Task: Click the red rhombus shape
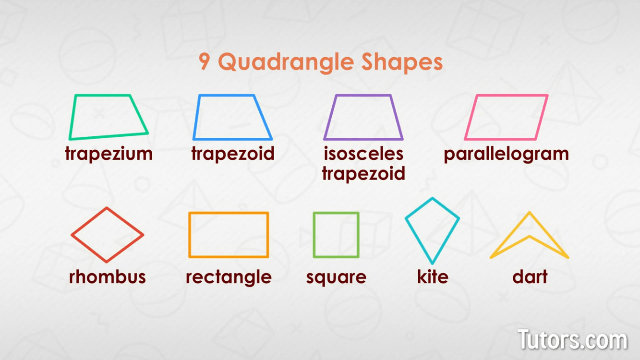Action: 89,221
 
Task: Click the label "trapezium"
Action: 109,154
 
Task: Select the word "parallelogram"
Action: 506,154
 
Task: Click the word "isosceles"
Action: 363,154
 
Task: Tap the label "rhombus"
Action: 108,276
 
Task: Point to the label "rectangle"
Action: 229,277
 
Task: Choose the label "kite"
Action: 433,276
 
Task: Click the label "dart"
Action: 530,276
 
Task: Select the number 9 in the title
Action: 204,61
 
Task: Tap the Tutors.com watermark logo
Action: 572,339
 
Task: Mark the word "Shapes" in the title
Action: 402,63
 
